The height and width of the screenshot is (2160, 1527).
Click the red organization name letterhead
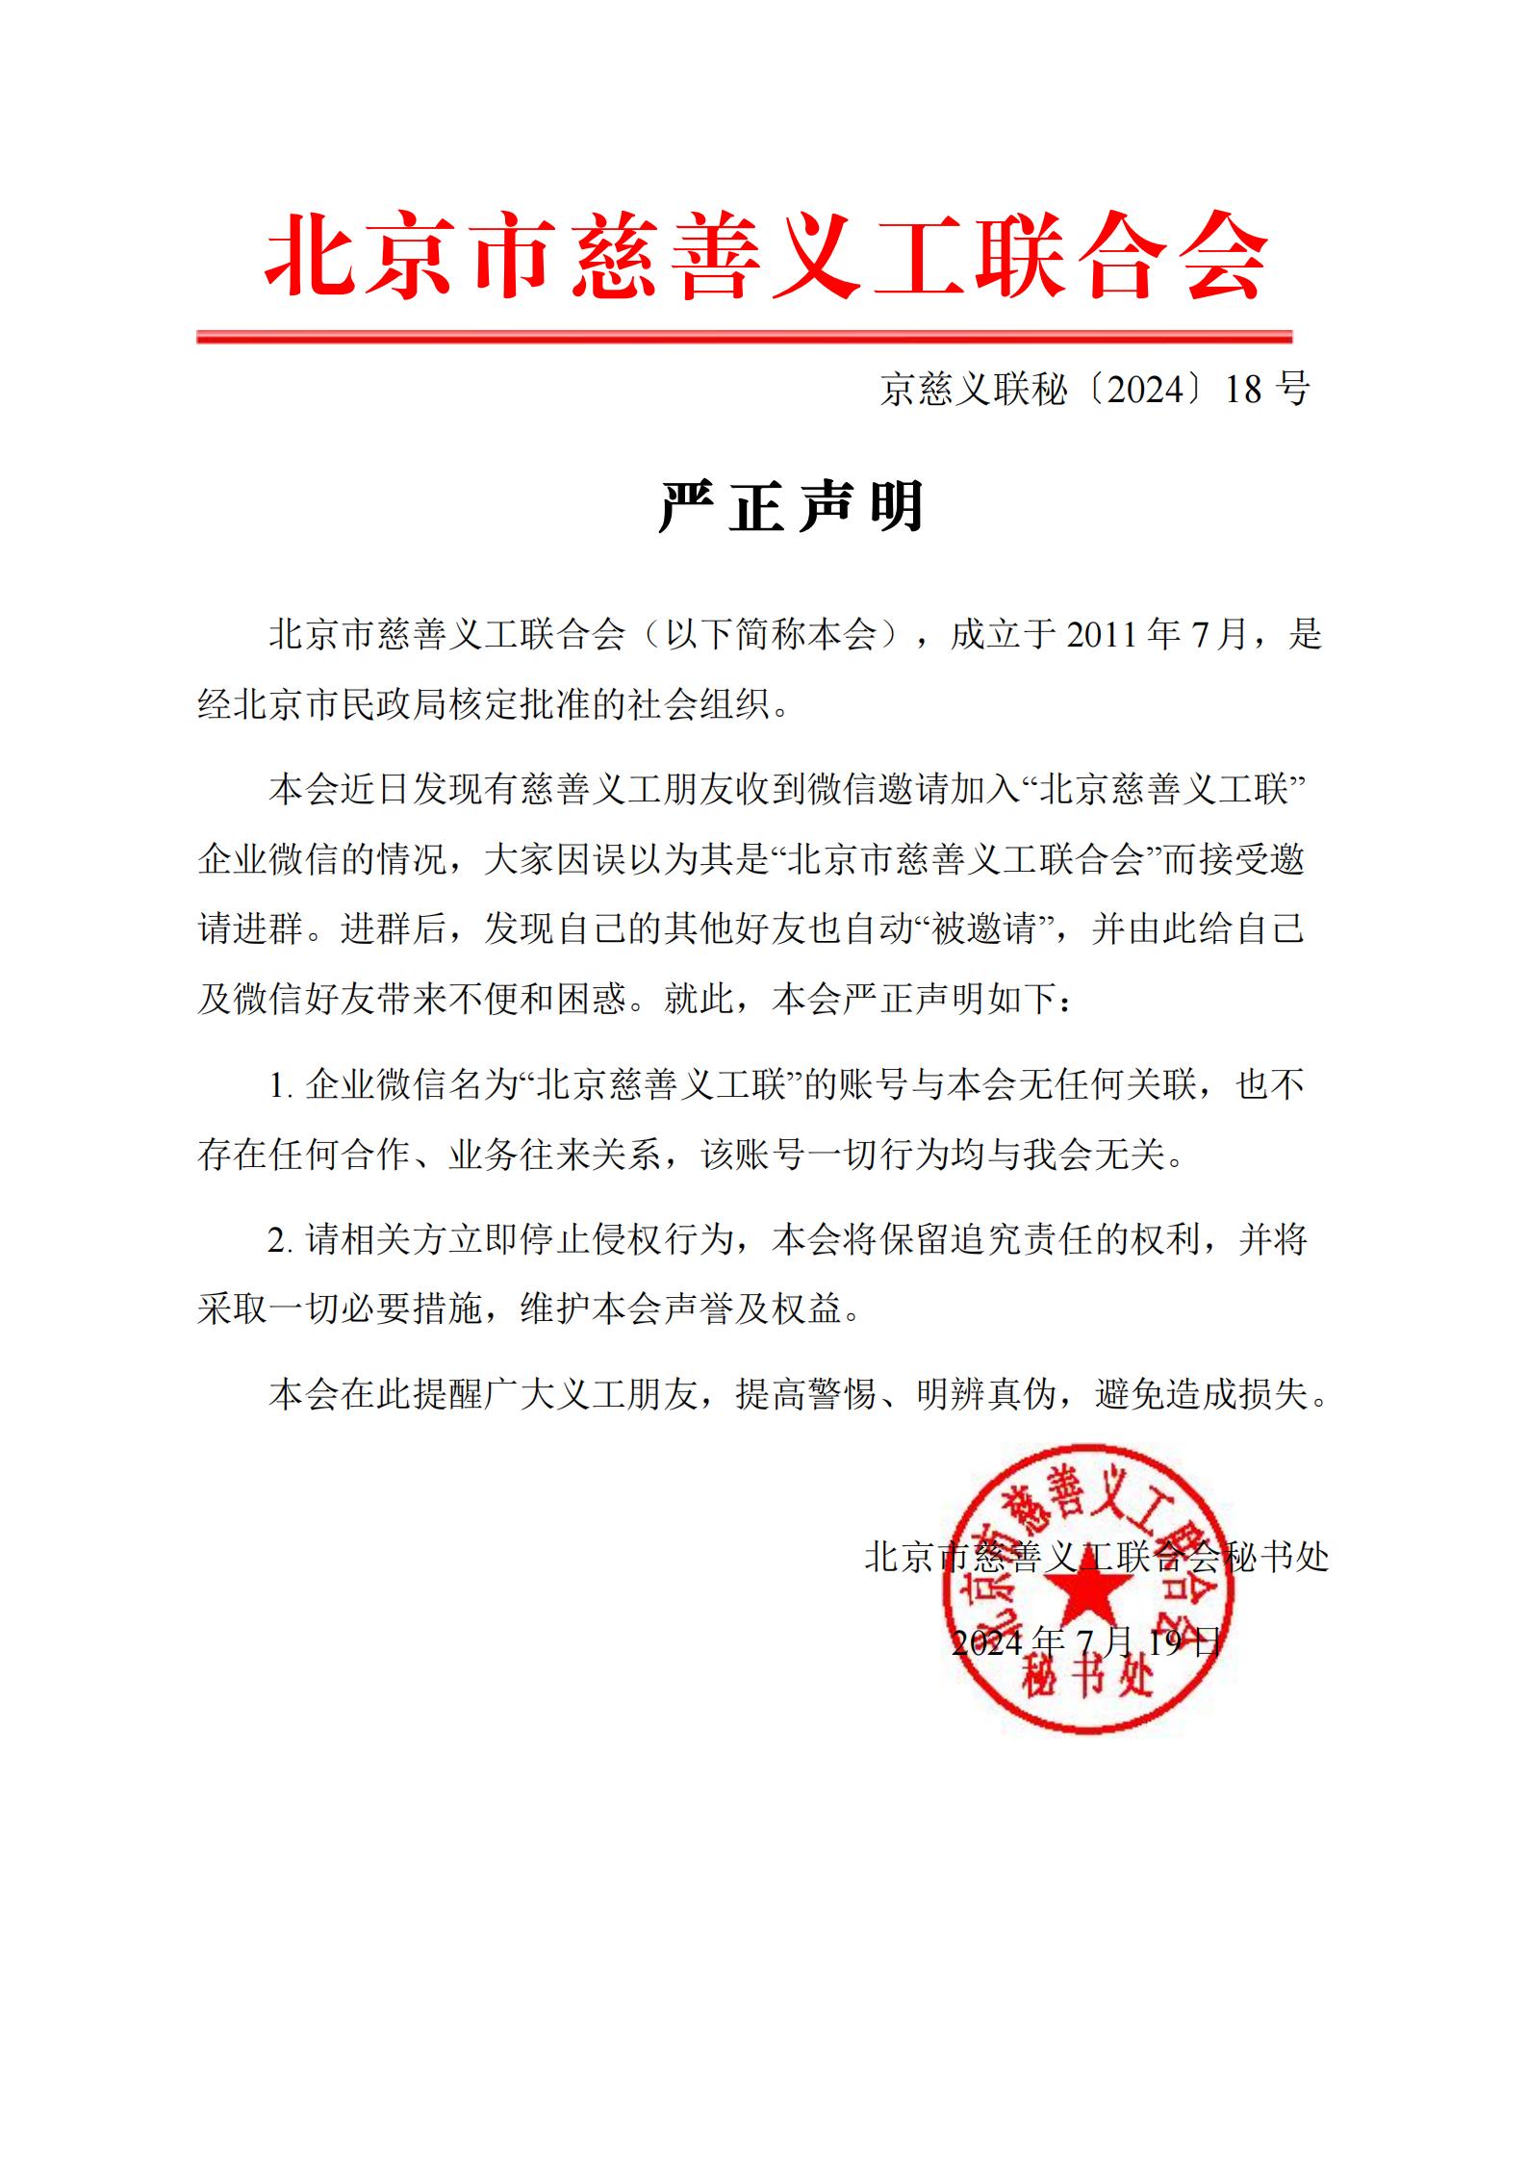(x=766, y=256)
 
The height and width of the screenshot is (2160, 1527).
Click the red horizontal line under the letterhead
(x=744, y=337)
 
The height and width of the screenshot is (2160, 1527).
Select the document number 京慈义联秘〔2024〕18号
(x=1094, y=390)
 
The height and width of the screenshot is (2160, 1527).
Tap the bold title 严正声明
(x=791, y=506)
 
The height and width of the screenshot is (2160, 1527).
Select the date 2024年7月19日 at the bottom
(x=1086, y=1641)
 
